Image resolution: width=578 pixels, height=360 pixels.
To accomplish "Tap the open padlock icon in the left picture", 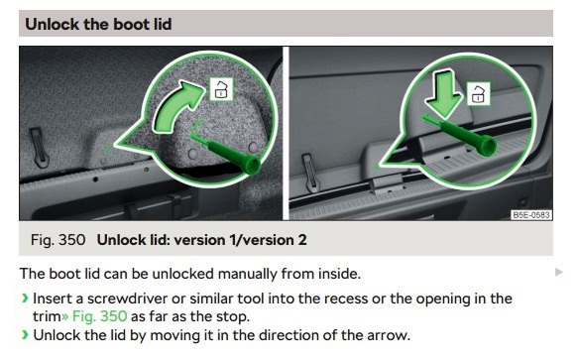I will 219,91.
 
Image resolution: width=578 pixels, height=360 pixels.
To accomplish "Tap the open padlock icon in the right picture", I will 479,95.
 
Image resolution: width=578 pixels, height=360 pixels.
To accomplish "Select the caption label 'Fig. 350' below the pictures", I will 58,240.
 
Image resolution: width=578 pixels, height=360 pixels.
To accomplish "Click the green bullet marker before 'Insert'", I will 25,299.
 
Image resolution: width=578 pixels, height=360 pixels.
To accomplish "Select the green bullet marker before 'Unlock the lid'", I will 25,335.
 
